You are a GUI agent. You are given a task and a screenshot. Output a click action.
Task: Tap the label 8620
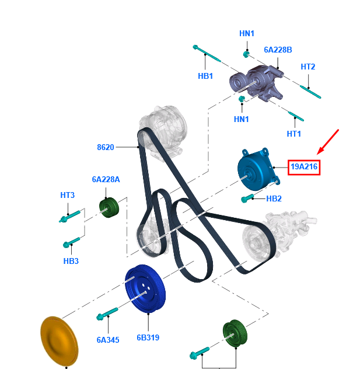click(105, 147)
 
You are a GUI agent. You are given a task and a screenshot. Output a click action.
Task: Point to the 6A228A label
click(106, 180)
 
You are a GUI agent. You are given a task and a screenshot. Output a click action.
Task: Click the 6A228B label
click(278, 50)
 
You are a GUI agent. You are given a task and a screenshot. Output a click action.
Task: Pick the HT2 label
click(307, 67)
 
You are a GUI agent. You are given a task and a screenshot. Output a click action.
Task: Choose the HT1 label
click(294, 134)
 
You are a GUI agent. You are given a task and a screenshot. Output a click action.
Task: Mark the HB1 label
click(205, 76)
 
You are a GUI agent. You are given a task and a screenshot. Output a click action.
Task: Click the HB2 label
click(274, 199)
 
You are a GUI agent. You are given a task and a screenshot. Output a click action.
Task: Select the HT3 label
click(68, 195)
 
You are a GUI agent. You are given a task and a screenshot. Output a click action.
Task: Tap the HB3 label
click(71, 260)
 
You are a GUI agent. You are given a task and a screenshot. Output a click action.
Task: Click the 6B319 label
click(148, 337)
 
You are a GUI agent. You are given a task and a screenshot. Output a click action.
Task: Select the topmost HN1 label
click(247, 33)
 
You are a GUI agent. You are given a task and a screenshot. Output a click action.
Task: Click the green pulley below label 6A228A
click(108, 207)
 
